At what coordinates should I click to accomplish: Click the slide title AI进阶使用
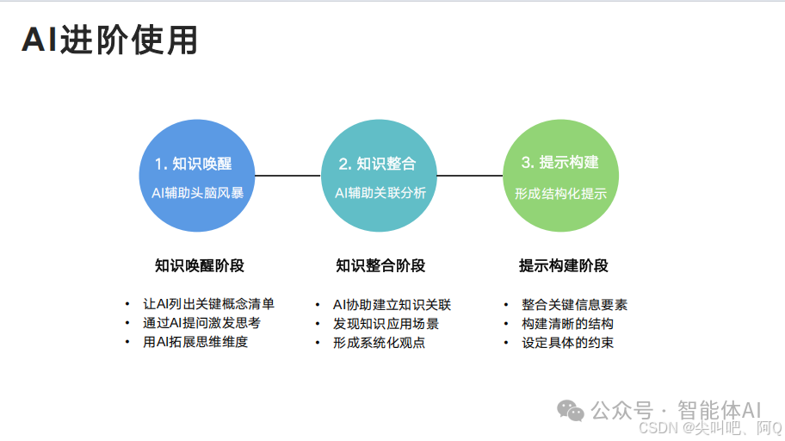[x=109, y=40]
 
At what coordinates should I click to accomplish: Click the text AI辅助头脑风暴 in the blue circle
[x=197, y=193]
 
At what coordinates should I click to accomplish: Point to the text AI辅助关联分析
[x=380, y=193]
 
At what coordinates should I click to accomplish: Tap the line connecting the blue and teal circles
[x=287, y=176]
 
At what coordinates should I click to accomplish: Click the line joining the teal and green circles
[x=470, y=176]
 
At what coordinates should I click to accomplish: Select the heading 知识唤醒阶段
[x=200, y=265]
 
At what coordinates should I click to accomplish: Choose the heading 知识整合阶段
[x=380, y=265]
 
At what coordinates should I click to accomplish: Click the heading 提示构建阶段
[x=564, y=265]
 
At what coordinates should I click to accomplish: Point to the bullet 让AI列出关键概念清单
[x=208, y=304]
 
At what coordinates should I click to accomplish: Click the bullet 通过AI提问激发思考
[x=201, y=323]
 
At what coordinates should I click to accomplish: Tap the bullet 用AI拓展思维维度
[x=195, y=342]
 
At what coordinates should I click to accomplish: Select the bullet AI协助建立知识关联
[x=392, y=304]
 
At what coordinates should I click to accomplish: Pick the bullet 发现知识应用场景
[x=386, y=323]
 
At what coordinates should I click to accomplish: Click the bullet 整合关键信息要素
[x=574, y=304]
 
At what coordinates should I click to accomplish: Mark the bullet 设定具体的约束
[x=567, y=342]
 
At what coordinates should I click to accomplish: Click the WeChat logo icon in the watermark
[x=571, y=410]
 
